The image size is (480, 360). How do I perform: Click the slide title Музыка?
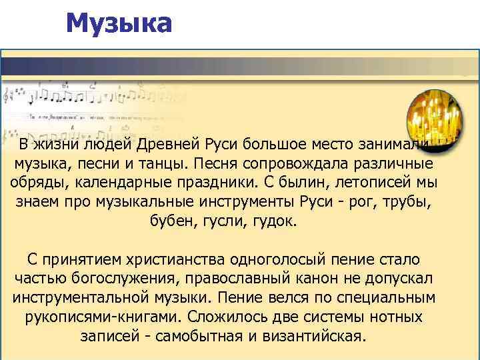[x=119, y=24]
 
